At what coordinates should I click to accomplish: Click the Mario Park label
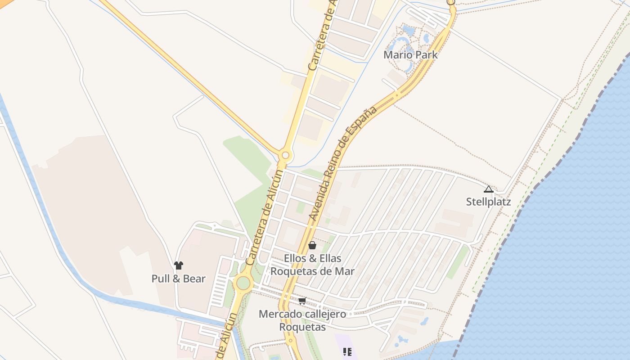point(410,55)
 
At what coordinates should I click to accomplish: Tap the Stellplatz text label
point(488,202)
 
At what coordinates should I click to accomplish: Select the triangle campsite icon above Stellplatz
point(489,189)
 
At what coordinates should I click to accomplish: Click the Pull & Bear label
point(178,279)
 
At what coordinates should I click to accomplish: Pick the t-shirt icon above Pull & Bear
point(179,265)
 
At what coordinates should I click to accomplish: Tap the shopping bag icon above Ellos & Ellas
point(312,245)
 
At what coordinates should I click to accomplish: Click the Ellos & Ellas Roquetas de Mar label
point(312,265)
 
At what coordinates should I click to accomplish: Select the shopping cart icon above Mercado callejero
point(302,301)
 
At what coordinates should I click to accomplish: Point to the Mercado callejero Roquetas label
point(302,320)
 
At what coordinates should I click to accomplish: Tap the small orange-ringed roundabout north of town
point(285,156)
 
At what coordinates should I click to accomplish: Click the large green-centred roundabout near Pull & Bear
point(243,283)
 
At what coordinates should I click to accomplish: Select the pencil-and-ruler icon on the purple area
point(347,351)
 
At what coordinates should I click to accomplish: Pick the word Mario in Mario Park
point(396,55)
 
